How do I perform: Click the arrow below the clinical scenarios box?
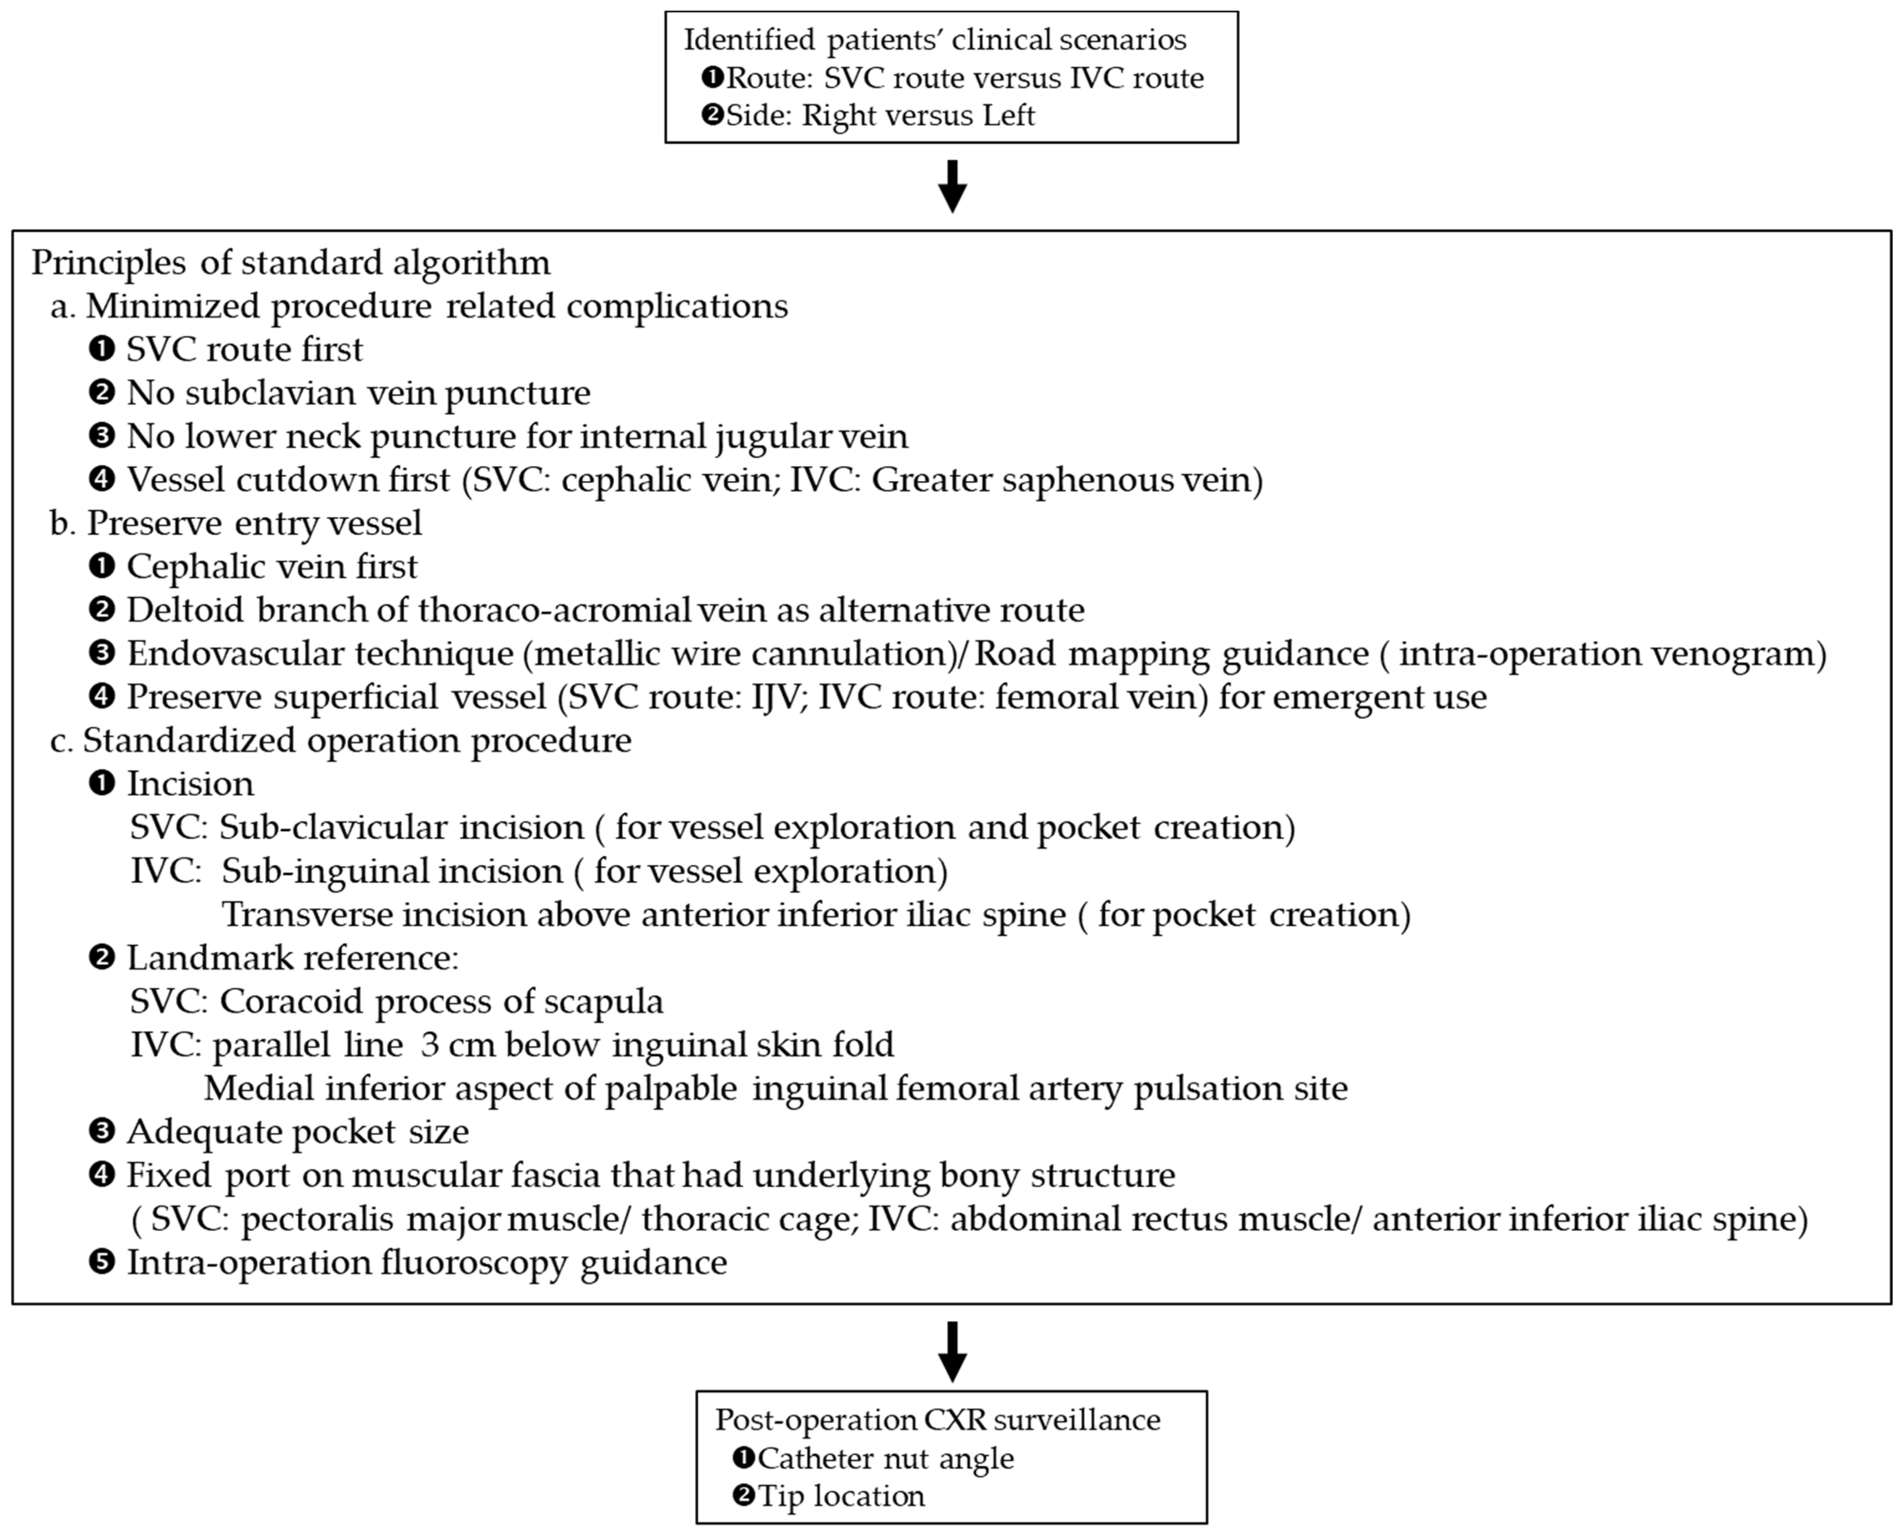coord(951,186)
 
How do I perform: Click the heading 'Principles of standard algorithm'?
coord(291,262)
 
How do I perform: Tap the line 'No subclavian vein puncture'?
coord(358,392)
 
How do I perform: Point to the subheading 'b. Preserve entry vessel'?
coord(236,523)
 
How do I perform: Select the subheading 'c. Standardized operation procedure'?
coord(340,740)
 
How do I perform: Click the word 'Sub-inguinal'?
coord(392,871)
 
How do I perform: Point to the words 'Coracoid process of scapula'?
coord(441,1001)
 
